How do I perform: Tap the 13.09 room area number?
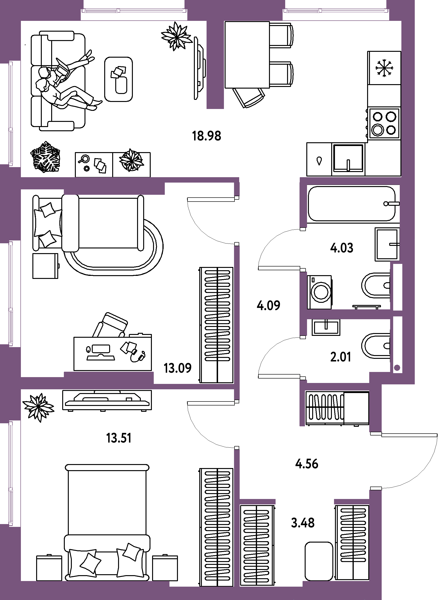(x=178, y=368)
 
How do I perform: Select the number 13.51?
(x=119, y=438)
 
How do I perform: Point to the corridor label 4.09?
(x=268, y=306)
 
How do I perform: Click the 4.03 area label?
(x=342, y=248)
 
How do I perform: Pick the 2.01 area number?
(x=341, y=357)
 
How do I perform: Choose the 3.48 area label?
(x=303, y=523)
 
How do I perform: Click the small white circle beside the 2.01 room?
(x=397, y=368)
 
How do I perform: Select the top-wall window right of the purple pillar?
(x=336, y=11)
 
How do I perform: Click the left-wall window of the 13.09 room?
(x=11, y=293)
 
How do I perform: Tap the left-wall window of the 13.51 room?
(x=11, y=473)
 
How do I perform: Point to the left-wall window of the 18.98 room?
(x=11, y=113)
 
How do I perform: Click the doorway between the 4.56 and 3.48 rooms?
(x=305, y=501)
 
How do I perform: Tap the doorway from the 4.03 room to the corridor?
(x=303, y=250)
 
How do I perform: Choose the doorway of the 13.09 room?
(x=237, y=221)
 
